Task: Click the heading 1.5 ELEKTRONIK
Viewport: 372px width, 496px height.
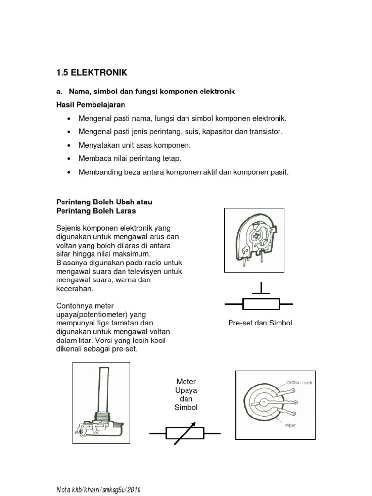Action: (92, 73)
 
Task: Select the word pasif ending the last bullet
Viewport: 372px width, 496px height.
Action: (279, 172)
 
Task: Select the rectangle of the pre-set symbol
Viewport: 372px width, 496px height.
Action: (261, 304)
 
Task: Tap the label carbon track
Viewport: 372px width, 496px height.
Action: (299, 383)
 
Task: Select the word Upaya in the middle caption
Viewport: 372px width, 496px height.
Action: (186, 390)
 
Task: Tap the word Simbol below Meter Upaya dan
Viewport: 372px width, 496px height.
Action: (186, 407)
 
